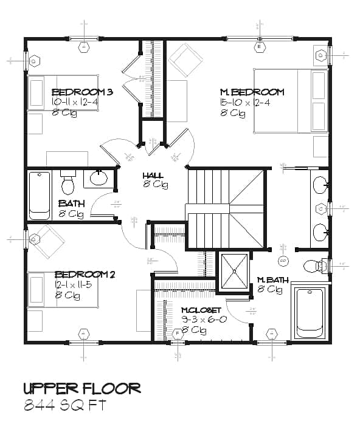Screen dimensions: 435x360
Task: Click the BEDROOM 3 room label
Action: (83, 92)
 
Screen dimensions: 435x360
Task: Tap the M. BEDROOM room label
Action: (252, 92)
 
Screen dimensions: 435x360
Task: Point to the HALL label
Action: (153, 175)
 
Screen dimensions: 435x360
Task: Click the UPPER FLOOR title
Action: (82, 388)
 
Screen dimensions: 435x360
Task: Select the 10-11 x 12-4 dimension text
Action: (75, 102)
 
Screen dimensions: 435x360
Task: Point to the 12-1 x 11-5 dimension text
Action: (74, 285)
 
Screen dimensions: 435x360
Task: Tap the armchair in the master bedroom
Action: (185, 60)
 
